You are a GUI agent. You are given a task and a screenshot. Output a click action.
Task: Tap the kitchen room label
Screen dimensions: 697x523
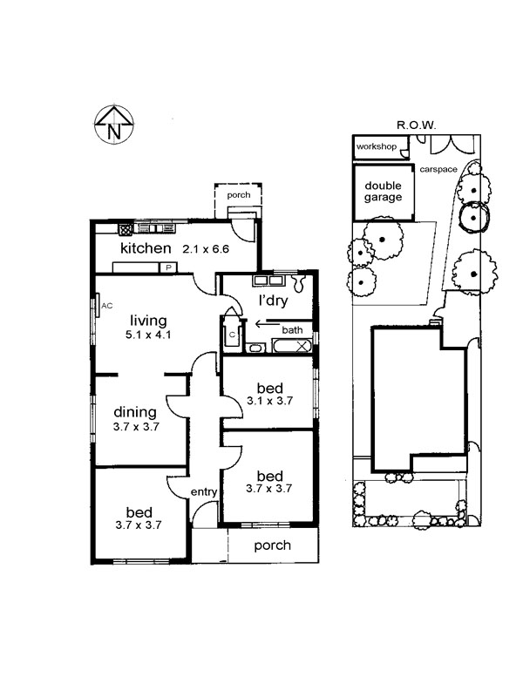coord(146,249)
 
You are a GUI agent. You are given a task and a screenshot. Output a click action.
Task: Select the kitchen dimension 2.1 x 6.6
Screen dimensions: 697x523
coord(206,249)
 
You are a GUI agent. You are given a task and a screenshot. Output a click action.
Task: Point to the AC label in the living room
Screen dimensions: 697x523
coord(107,306)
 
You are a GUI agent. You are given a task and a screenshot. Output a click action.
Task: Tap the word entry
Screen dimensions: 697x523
coord(203,492)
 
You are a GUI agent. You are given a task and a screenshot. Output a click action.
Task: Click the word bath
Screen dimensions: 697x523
coord(292,330)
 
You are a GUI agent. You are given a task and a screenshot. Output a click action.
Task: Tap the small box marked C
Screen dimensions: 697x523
coord(233,335)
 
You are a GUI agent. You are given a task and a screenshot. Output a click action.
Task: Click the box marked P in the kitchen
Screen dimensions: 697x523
coord(169,268)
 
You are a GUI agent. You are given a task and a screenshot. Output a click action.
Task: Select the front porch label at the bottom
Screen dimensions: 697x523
coord(272,545)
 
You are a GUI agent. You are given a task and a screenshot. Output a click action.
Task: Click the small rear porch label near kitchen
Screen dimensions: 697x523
coord(238,196)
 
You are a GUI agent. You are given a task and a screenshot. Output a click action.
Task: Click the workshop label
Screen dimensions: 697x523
coord(377,147)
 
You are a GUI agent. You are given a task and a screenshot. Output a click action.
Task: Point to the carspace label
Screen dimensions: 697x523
coord(438,169)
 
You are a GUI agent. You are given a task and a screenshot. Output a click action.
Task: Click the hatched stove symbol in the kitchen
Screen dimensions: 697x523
coord(126,229)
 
